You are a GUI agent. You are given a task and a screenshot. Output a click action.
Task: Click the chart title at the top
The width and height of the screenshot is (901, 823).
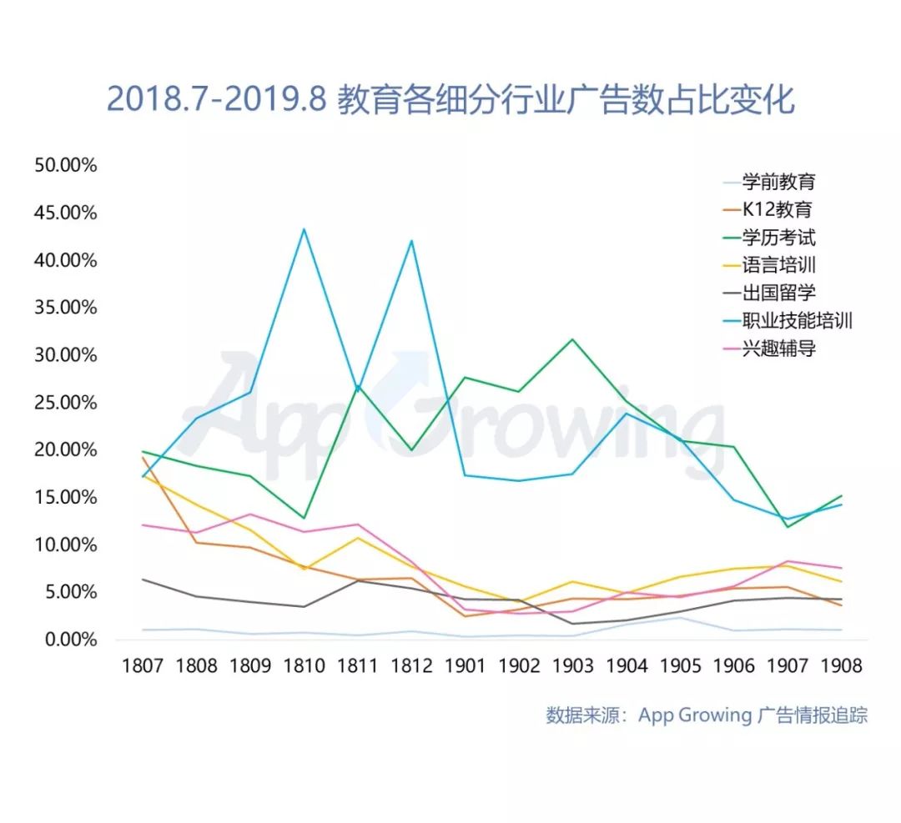click(x=450, y=99)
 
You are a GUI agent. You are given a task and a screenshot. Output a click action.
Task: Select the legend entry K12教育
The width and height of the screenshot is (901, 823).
click(x=777, y=210)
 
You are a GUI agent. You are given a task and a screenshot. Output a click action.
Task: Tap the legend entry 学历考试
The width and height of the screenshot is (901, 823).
click(x=778, y=238)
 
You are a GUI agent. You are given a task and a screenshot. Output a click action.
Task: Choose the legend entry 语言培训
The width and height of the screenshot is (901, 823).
click(x=778, y=266)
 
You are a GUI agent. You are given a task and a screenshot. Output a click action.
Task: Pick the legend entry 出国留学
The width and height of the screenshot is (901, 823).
click(x=778, y=293)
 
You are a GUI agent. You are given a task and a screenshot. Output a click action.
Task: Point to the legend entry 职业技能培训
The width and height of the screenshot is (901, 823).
click(x=797, y=320)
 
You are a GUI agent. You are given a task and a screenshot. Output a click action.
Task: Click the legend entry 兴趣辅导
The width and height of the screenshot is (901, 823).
click(x=778, y=349)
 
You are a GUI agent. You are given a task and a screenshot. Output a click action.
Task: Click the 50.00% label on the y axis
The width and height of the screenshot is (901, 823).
click(x=66, y=165)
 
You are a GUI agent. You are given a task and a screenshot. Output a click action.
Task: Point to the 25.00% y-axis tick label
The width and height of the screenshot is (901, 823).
click(x=66, y=403)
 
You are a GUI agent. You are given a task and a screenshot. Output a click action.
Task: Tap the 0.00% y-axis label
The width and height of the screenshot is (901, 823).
click(x=70, y=640)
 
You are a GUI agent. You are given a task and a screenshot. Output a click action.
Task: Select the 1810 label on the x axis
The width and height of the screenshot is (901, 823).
click(x=305, y=666)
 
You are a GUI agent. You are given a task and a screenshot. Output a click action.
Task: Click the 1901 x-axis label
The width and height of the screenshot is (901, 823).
click(x=466, y=666)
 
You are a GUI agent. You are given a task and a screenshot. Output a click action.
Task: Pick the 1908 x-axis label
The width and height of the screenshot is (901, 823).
click(x=841, y=666)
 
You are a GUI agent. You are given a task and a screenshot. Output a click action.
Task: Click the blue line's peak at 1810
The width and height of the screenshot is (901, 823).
click(x=304, y=228)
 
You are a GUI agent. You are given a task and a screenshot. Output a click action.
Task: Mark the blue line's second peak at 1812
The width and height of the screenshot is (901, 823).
click(x=411, y=240)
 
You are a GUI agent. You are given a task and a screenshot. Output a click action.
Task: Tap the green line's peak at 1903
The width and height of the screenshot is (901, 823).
click(x=572, y=339)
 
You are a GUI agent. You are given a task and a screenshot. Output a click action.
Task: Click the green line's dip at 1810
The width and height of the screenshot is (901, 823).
click(x=304, y=518)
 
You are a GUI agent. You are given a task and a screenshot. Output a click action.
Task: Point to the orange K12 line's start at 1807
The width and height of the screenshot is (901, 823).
click(x=143, y=457)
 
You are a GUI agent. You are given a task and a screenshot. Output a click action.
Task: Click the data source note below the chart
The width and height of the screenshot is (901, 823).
click(x=707, y=715)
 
